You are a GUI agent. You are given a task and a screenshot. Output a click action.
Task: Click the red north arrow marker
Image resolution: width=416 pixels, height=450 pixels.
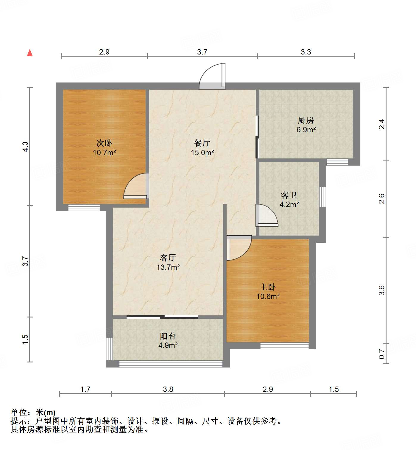click(x=30, y=53)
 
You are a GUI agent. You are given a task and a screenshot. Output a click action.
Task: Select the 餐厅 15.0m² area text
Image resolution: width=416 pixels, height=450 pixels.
click(x=202, y=148)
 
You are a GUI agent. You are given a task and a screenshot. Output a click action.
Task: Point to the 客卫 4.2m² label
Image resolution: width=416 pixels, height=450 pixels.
click(x=289, y=200)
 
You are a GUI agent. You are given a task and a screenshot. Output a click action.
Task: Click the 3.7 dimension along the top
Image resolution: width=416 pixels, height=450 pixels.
click(x=202, y=52)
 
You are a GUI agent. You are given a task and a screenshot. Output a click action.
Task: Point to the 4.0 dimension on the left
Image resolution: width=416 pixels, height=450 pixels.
click(x=26, y=147)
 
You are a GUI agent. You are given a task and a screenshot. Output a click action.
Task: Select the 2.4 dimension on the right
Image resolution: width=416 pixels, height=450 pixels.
click(x=382, y=124)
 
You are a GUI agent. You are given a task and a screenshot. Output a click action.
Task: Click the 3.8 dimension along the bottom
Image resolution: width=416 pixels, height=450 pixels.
click(x=168, y=389)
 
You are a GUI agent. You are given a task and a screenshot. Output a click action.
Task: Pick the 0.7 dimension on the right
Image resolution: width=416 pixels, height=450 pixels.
click(x=382, y=354)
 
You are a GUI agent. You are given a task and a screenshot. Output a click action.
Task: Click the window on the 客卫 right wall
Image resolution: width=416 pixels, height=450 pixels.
click(x=322, y=197)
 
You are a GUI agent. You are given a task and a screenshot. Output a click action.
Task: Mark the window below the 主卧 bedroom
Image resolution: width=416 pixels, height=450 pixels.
click(x=284, y=346)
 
